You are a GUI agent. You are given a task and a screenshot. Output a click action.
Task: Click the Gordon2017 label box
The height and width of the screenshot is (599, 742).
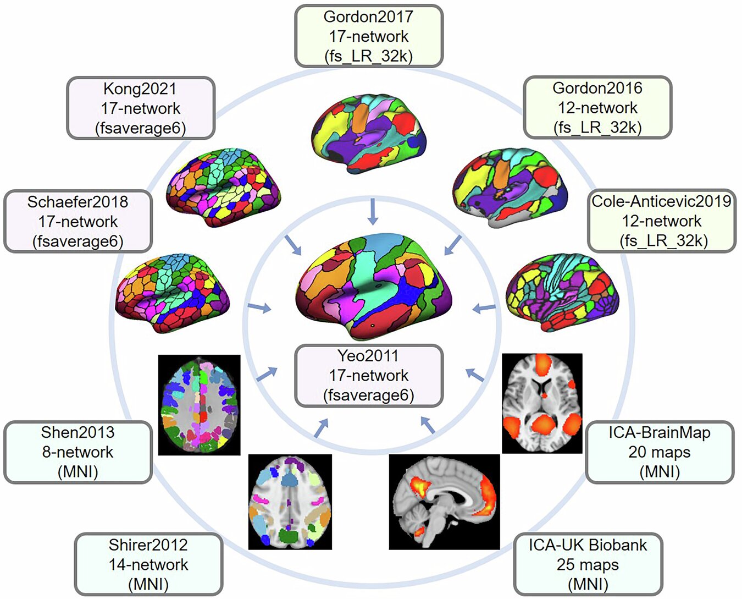tap(368, 36)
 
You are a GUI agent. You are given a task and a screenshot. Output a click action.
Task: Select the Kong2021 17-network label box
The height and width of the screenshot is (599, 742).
tap(141, 108)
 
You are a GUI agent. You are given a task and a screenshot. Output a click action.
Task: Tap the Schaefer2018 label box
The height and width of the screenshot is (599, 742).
tap(78, 222)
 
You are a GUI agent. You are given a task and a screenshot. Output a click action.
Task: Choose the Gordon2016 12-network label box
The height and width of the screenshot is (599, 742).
tap(597, 108)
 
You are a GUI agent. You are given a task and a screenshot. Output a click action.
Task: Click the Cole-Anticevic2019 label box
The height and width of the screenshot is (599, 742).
tap(661, 221)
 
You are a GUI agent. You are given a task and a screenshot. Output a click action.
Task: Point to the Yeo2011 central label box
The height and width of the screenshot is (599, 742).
tap(368, 376)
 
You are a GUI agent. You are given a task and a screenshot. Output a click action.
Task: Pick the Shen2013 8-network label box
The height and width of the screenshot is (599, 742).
tap(78, 452)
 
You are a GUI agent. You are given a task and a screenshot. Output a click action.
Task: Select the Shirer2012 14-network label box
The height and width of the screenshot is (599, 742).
tap(148, 564)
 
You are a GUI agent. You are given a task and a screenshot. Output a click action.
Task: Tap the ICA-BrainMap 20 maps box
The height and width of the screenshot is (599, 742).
tap(660, 452)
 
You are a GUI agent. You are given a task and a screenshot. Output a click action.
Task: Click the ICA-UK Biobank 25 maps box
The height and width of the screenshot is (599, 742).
tap(588, 564)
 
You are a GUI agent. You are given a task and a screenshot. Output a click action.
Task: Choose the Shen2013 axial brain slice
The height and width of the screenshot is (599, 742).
tap(199, 405)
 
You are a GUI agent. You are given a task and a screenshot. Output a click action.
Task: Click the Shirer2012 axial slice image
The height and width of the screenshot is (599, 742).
tap(290, 502)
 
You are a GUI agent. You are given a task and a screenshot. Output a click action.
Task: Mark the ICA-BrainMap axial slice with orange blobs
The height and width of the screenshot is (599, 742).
tap(542, 403)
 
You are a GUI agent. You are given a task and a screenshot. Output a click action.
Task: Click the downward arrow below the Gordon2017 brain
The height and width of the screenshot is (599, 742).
tap(373, 212)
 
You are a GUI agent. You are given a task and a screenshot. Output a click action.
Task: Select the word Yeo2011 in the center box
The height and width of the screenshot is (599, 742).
tap(368, 356)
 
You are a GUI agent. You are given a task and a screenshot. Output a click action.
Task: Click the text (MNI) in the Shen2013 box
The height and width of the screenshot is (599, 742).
tap(78, 472)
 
